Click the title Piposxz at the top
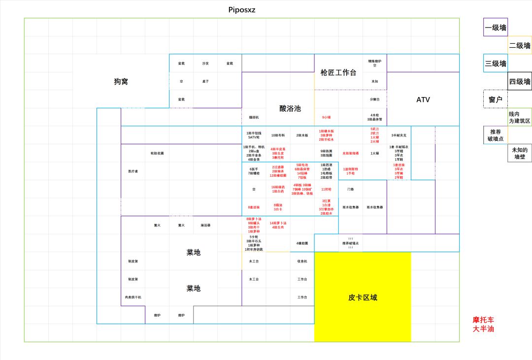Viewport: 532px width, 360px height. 242,10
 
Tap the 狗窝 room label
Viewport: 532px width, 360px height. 121,81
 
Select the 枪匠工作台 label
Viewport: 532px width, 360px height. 338,72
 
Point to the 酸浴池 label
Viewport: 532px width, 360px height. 290,108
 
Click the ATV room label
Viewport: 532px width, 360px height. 423,99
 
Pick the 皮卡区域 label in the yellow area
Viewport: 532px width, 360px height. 363,297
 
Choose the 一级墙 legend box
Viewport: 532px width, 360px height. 496,28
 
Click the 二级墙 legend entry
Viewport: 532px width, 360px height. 520,45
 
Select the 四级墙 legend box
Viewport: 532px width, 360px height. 520,81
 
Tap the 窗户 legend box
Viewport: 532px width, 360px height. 496,99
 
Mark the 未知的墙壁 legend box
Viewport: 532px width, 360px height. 520,153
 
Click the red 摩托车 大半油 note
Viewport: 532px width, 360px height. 483,324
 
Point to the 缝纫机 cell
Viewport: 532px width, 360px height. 254,117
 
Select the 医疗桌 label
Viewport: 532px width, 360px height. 133,171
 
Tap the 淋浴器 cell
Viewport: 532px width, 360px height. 205,225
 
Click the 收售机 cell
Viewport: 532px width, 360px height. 302,261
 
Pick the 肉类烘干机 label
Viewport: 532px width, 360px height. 133,297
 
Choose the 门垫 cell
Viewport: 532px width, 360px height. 350,189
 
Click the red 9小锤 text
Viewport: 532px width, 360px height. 326,117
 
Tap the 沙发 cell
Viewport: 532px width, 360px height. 205,63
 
